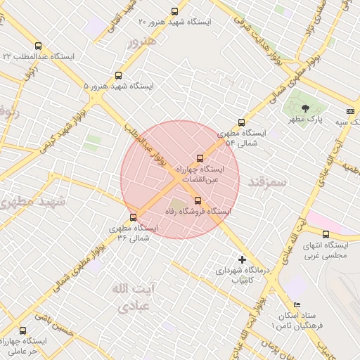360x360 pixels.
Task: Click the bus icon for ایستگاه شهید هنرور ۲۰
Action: point(175,11)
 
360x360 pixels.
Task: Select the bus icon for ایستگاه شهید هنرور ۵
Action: point(118,75)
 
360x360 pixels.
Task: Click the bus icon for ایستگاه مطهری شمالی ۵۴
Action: point(243,122)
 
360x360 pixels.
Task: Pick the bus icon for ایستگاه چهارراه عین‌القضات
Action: point(200,158)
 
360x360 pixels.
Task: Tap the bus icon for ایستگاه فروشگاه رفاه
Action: point(197,200)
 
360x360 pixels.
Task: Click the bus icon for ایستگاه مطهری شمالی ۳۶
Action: point(133,217)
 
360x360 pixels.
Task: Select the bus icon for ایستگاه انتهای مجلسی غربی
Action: point(326,234)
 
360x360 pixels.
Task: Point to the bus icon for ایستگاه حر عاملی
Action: point(23,330)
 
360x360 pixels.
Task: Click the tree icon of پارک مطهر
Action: point(305,108)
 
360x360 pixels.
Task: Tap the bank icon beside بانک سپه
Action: point(350,111)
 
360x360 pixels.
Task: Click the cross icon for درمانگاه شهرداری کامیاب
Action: point(243,259)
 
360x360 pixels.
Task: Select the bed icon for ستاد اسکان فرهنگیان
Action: point(297,304)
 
